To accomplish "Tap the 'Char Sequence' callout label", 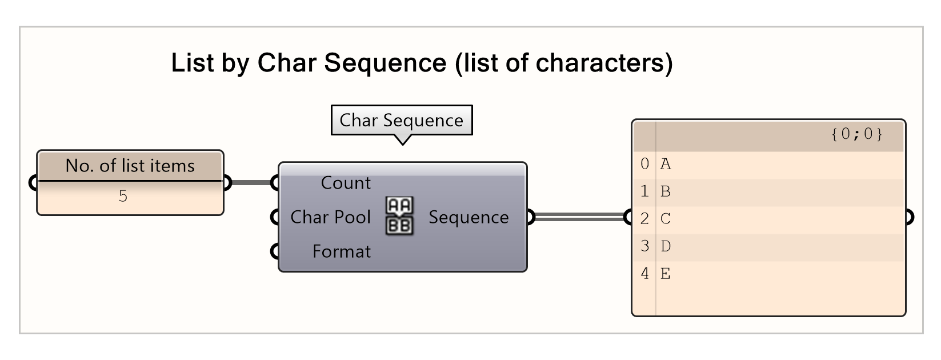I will tap(401, 121).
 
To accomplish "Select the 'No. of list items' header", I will tap(130, 166).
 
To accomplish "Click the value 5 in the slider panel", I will tap(123, 197).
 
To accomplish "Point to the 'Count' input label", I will tap(346, 183).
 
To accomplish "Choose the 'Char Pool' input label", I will tap(330, 217).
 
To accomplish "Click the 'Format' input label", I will tap(341, 251).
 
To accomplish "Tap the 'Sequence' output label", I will tap(469, 217).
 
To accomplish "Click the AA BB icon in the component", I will tap(399, 216).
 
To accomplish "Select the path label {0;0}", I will tap(856, 134).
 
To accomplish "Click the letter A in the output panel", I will tap(666, 165).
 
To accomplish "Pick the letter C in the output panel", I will tap(666, 219).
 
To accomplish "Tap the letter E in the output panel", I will tap(666, 274).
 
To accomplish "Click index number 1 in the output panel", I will tap(644, 191).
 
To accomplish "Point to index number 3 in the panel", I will tap(644, 246).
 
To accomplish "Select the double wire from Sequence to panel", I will tap(577, 217).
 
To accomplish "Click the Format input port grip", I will tap(276, 251).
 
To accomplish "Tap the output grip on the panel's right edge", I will tap(908, 217).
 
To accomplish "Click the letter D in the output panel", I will tap(666, 247).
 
